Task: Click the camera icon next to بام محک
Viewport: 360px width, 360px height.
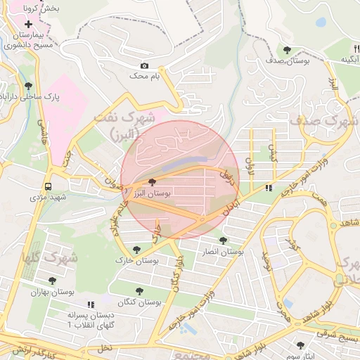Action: tap(145, 66)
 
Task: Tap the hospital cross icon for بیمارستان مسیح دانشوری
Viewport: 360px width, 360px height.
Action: tap(29, 24)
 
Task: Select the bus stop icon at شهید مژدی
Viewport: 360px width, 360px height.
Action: tap(49, 187)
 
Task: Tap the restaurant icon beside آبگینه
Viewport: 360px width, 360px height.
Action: tap(346, 49)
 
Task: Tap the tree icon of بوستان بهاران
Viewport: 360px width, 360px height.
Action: tap(52, 281)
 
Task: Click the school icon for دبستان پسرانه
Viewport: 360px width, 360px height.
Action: tap(89, 304)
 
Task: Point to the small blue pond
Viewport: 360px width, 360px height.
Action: tap(321, 22)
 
